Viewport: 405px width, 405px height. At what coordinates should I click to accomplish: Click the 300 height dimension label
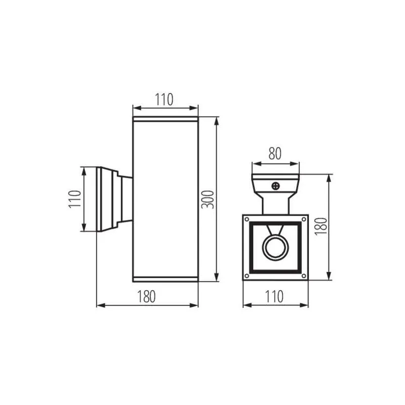click(x=208, y=199)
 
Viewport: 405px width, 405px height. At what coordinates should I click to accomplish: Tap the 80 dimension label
click(x=275, y=154)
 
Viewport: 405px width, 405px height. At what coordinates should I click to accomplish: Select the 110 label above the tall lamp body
click(x=164, y=99)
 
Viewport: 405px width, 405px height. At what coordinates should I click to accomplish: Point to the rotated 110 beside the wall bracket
click(x=75, y=199)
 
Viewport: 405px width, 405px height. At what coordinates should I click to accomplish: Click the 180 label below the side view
click(x=146, y=297)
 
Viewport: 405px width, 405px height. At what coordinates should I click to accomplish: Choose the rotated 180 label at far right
click(x=321, y=226)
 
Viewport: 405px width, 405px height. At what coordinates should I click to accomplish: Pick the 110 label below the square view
click(x=274, y=297)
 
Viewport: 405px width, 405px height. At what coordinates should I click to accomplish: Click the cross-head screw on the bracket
click(x=276, y=186)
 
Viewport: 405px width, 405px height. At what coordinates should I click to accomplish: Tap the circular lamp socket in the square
click(x=275, y=247)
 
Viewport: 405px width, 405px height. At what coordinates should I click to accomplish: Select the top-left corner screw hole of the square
click(x=247, y=219)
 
